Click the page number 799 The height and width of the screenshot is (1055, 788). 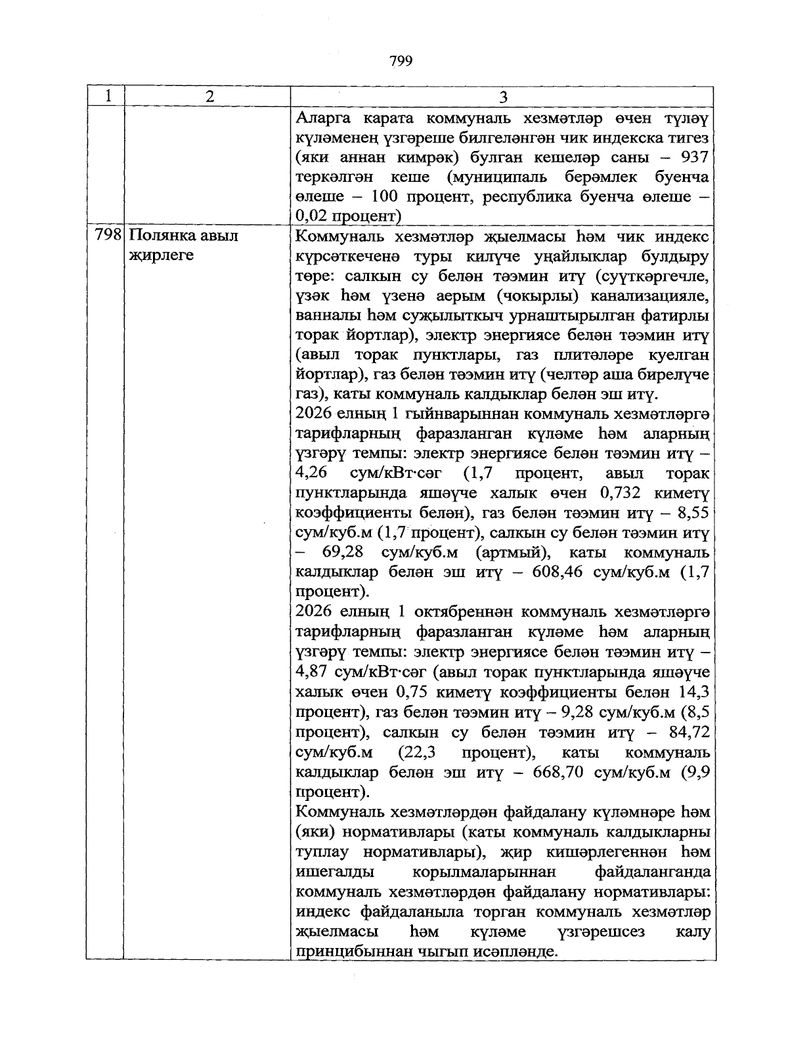401,62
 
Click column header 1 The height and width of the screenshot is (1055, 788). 106,97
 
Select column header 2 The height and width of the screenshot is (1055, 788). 209,97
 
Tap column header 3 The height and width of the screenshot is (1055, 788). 503,97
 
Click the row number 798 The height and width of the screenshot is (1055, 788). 108,235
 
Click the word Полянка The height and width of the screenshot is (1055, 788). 158,235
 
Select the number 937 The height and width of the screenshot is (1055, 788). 694,158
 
